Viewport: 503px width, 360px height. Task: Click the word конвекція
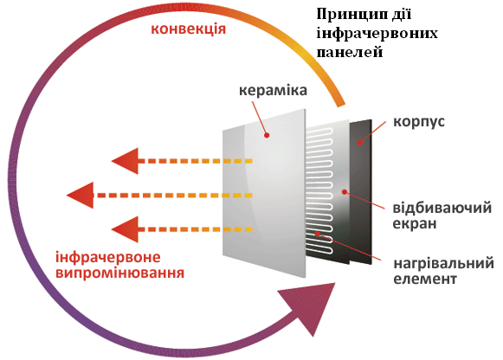point(189,29)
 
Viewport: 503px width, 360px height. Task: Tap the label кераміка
point(273,90)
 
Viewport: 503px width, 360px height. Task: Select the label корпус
point(419,122)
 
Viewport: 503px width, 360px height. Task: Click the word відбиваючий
point(442,208)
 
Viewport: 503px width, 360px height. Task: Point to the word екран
point(415,223)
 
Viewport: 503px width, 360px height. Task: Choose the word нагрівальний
point(443,263)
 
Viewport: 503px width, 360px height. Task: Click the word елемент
point(425,279)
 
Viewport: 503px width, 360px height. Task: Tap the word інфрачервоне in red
point(108,257)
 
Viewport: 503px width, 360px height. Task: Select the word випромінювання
point(120,273)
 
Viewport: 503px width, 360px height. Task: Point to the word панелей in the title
point(350,52)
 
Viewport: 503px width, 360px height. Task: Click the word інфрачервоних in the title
point(377,34)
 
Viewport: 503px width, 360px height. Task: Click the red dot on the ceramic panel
point(267,135)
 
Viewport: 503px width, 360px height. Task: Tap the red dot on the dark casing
point(360,143)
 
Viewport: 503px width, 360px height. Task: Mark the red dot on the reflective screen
point(345,192)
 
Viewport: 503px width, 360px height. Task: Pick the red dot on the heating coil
point(317,234)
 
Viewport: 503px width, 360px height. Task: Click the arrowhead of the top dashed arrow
point(125,161)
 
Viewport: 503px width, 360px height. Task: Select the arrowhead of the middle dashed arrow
point(81,196)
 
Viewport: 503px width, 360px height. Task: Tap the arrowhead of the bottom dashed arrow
point(125,229)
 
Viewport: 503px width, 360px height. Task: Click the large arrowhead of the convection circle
point(311,305)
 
